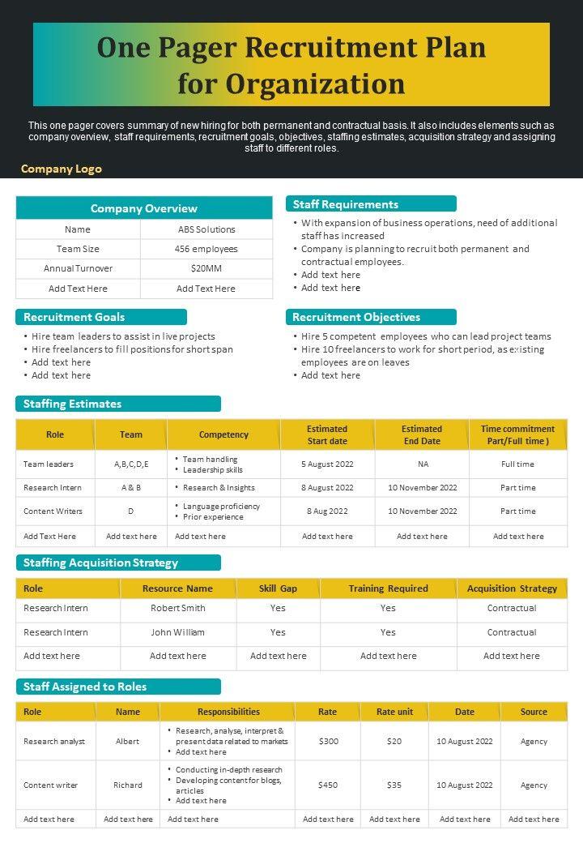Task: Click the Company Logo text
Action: [x=62, y=169]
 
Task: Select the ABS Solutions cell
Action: [x=206, y=229]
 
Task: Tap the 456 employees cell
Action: [x=206, y=249]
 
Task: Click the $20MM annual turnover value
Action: [x=206, y=268]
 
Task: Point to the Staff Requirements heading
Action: [x=346, y=204]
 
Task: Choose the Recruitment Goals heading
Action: [x=74, y=317]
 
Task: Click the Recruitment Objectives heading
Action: [x=356, y=317]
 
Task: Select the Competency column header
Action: [x=223, y=434]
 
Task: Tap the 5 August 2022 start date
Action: [x=327, y=464]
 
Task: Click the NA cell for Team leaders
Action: [x=423, y=464]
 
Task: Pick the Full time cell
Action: [x=517, y=464]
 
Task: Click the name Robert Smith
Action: [x=178, y=608]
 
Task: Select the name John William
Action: [x=178, y=632]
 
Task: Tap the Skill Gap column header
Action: [x=278, y=588]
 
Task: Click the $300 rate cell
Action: [x=329, y=741]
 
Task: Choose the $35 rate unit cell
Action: [x=394, y=785]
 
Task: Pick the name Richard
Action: [x=128, y=785]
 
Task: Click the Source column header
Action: [x=534, y=712]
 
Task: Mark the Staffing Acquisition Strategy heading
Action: [x=100, y=563]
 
